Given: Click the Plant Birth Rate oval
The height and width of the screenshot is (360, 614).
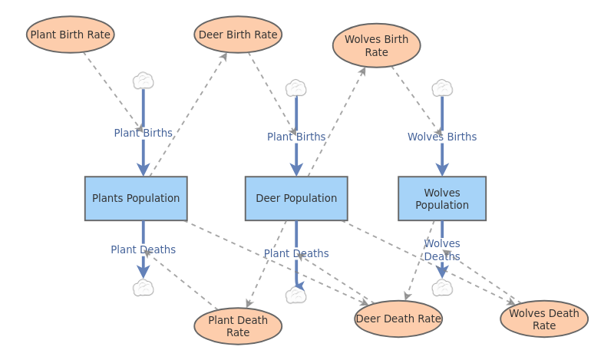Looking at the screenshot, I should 70,35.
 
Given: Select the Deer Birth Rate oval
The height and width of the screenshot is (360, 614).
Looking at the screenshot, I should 238,35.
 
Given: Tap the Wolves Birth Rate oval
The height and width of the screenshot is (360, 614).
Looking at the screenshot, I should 376,45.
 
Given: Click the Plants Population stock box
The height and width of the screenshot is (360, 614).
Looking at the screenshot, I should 136,198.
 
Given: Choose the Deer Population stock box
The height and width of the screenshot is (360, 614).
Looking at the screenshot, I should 296,198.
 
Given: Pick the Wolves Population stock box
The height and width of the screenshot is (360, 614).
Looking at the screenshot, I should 442,198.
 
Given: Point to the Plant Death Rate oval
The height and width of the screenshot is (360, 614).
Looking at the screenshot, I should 238,326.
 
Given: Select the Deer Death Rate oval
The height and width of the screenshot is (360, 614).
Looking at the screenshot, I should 398,319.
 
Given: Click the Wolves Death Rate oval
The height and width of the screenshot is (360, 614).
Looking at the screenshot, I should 544,319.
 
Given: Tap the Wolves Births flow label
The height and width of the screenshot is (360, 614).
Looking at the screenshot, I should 442,137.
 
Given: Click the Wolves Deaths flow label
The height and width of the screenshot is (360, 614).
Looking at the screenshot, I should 442,250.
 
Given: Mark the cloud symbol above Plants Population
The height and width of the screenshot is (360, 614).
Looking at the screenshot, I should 143,81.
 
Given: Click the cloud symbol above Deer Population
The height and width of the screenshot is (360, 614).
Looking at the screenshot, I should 296,88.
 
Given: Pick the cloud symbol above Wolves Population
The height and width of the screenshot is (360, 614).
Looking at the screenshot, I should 442,88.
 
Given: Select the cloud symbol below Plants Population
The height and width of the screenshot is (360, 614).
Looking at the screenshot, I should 143,288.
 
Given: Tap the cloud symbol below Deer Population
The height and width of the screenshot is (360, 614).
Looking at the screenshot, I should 296,296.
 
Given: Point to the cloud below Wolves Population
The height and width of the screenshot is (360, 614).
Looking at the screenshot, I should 442,288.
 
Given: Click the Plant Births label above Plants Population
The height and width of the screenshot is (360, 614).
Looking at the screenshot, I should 143,133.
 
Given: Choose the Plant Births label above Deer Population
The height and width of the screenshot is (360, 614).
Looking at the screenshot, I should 296,137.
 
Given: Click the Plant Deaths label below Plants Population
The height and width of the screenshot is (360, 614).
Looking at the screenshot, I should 143,249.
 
